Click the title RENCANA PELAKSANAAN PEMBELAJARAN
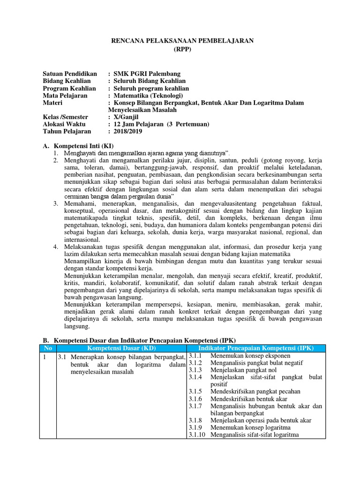tap(181, 41)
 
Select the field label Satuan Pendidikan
tap(70, 74)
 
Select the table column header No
tap(47, 348)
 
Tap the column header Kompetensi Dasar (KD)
tap(121, 348)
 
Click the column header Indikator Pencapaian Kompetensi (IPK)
tap(256, 348)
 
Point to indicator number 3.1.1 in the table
tap(195, 356)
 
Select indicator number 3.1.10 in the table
tap(197, 435)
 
